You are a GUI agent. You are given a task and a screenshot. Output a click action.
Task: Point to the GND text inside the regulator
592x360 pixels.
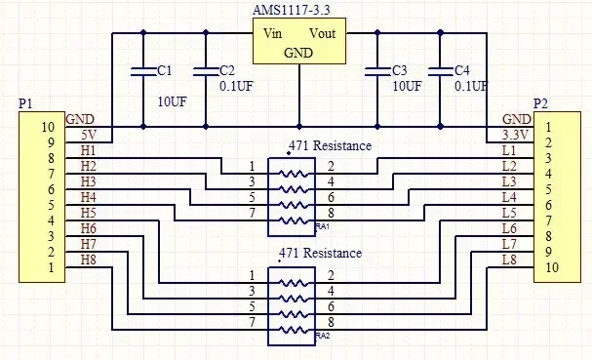[297, 53]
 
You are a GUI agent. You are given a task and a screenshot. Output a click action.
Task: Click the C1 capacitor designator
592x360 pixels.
[164, 71]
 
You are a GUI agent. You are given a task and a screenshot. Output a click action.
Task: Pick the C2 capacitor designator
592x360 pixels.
[227, 71]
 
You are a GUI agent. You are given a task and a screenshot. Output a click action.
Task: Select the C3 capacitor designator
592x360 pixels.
[399, 71]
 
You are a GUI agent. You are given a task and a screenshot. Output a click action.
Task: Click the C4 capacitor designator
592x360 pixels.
[462, 71]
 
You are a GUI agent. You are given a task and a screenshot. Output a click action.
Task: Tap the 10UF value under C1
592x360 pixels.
[173, 100]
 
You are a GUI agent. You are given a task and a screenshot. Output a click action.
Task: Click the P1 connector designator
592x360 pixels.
[25, 103]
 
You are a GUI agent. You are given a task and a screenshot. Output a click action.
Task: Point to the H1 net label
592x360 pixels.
[88, 151]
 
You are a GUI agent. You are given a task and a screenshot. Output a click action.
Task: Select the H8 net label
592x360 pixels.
[88, 259]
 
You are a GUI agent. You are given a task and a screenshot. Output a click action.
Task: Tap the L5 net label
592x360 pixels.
[508, 213]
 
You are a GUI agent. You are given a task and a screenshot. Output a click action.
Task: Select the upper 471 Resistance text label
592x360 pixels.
[330, 145]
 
